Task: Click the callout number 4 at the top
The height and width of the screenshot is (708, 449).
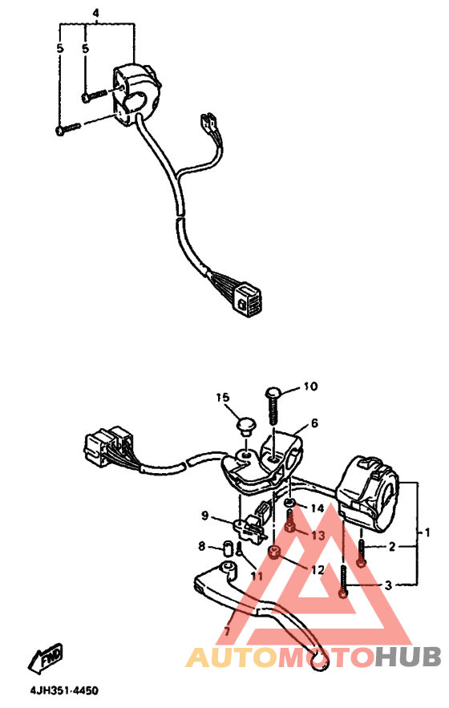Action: point(95,13)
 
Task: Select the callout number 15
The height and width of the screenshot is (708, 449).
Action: point(222,398)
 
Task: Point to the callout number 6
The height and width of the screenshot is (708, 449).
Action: point(314,423)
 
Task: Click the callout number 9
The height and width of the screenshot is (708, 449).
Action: point(204,515)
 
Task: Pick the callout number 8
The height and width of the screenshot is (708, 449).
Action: point(201,546)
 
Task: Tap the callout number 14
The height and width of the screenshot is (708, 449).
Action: point(317,508)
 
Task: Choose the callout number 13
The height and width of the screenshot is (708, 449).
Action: point(318,535)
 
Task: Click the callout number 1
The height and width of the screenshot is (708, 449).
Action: point(427,532)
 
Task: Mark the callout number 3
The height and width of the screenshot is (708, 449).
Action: point(388,585)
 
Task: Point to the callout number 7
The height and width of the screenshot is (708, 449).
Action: point(227,631)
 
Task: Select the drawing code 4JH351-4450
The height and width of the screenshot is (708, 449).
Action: point(63,691)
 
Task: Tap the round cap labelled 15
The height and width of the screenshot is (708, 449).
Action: point(246,426)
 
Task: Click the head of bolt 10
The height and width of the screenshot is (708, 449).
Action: point(273,391)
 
